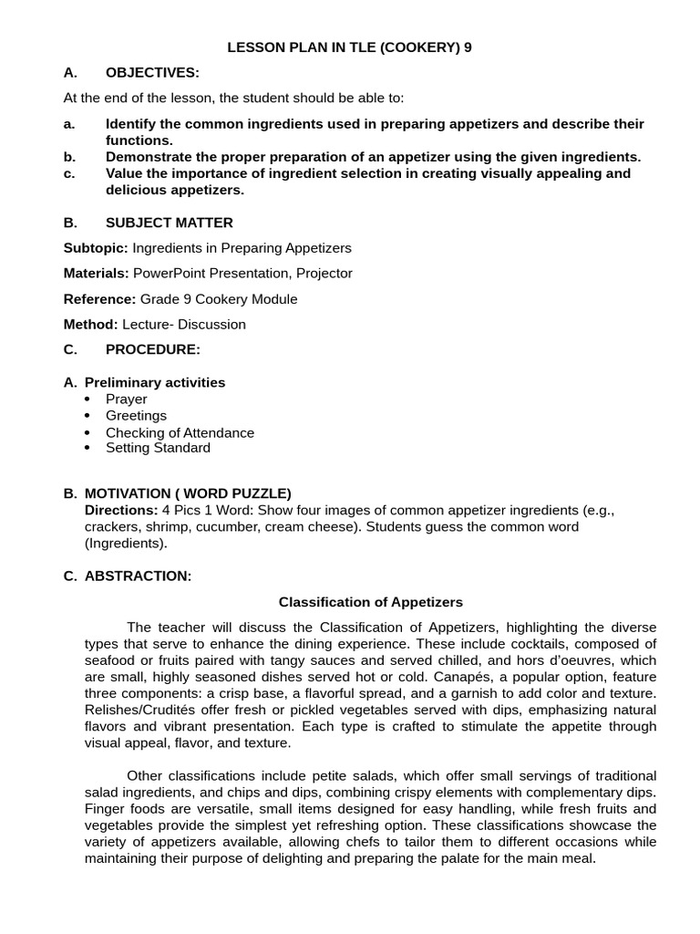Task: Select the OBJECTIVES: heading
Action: point(152,73)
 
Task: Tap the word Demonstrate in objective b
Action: point(148,156)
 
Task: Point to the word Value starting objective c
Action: point(124,173)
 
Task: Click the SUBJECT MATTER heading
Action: point(169,223)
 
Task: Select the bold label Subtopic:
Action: point(96,248)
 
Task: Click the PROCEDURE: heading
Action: point(152,349)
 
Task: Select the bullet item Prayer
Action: point(126,400)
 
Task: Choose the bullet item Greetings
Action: point(136,416)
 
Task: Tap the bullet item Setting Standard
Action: point(158,448)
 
